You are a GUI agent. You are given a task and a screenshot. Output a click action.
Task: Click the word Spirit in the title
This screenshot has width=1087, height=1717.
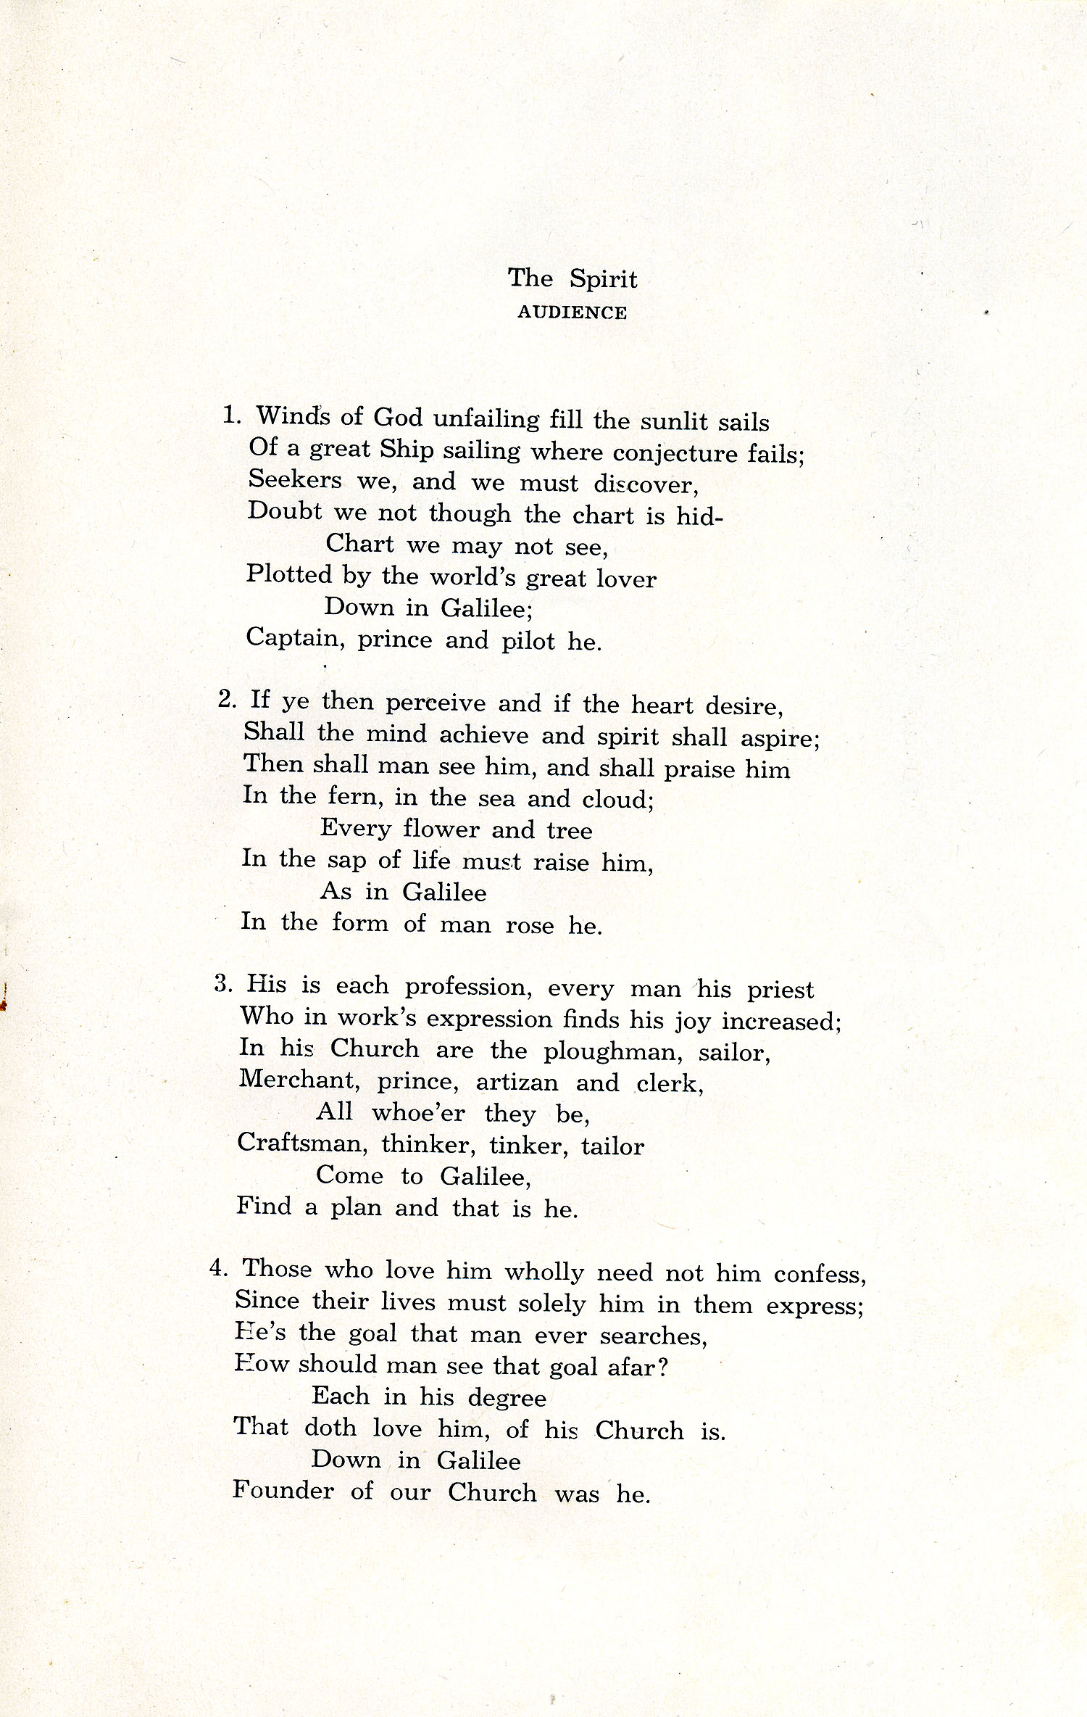[x=603, y=280]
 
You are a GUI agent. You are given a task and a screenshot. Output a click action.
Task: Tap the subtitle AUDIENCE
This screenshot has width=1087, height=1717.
[x=572, y=313]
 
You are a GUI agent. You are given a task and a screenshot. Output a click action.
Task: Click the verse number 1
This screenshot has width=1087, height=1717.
[x=230, y=415]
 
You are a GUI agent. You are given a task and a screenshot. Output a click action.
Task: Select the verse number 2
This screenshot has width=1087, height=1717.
[x=226, y=700]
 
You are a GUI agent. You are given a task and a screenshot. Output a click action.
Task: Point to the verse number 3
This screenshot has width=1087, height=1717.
[x=222, y=984]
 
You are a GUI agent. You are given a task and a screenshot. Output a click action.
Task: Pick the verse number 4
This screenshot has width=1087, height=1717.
[x=218, y=1269]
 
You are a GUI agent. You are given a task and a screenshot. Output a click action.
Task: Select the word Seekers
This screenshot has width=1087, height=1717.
[x=290, y=480]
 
